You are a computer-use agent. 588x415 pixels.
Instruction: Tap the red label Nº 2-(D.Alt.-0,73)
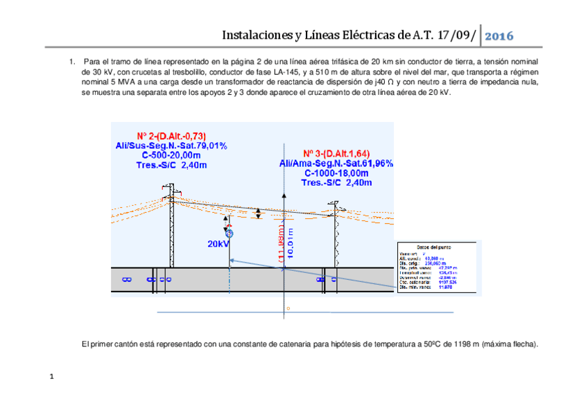[171, 136]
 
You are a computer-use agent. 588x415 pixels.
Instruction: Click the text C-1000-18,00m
[336, 173]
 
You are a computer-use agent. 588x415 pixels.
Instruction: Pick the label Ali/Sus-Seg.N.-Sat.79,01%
[171, 146]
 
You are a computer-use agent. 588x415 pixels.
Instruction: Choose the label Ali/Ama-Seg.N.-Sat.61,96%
[336, 163]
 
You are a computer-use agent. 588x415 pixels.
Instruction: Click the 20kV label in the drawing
[217, 244]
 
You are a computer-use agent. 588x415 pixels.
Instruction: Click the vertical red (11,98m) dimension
[280, 244]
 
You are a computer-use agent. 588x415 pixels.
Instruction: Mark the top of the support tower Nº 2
[167, 186]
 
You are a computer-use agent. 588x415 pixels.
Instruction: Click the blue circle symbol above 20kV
[229, 234]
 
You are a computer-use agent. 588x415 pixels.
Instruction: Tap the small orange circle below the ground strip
[288, 308]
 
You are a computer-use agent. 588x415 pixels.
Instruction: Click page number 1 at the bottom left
[51, 378]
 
